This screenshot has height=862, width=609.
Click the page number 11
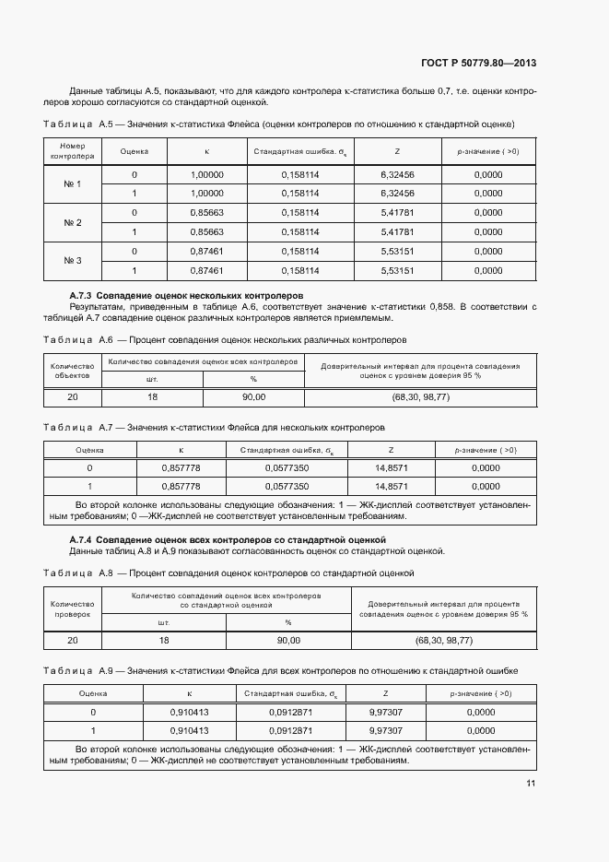pyautogui.click(x=531, y=784)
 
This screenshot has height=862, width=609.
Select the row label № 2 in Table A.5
pyautogui.click(x=73, y=222)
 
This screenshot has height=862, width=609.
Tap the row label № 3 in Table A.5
pyautogui.click(x=73, y=261)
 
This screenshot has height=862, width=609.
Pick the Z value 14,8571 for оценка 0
pyautogui.click(x=392, y=467)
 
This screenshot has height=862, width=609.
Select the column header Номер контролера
pyautogui.click(x=73, y=151)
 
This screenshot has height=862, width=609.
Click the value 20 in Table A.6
pyautogui.click(x=72, y=396)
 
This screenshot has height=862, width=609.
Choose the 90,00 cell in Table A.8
pyautogui.click(x=288, y=640)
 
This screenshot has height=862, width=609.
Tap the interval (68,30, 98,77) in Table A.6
pyautogui.click(x=419, y=396)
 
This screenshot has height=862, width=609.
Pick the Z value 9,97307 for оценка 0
pyautogui.click(x=391, y=713)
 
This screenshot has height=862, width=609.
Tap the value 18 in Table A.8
pyautogui.click(x=164, y=640)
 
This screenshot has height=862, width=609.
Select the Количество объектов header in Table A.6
pyautogui.click(x=72, y=370)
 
